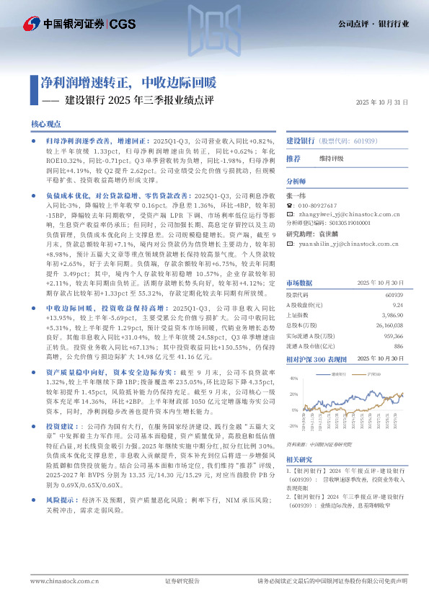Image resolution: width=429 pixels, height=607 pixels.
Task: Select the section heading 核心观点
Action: click(46, 124)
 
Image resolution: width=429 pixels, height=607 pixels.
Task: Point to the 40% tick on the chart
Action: click(293, 378)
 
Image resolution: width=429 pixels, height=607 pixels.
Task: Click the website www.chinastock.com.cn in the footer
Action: click(59, 581)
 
